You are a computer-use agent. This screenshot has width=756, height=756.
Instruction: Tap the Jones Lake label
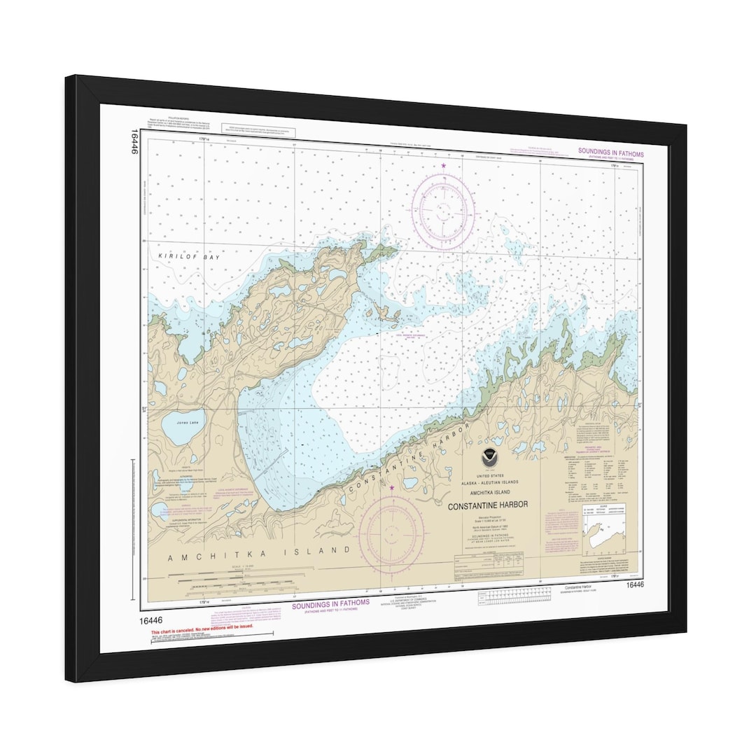[x=173, y=423]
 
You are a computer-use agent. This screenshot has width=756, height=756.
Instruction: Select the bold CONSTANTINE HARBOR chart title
[x=488, y=505]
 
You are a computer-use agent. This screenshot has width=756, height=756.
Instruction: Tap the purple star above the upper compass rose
[x=444, y=166]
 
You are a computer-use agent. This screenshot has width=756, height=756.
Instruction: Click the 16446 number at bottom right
[x=635, y=584]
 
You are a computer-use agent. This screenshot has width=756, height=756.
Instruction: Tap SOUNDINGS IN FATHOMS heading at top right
[x=610, y=153]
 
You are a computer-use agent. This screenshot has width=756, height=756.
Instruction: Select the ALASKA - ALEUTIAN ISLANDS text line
[x=488, y=484]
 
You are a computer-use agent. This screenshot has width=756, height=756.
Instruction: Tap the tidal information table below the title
[x=489, y=559]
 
